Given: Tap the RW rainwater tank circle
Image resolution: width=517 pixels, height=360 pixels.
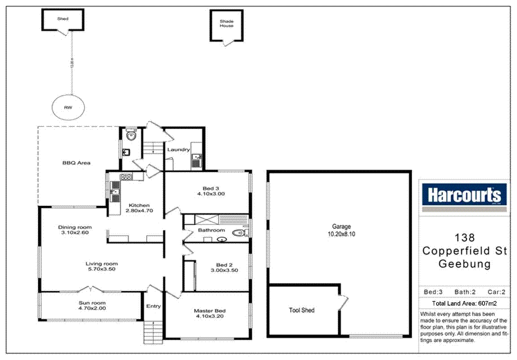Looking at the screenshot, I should (68, 108).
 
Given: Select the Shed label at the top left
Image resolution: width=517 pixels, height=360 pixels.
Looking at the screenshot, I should (63, 19).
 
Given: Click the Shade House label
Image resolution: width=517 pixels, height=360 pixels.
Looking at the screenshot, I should (227, 23).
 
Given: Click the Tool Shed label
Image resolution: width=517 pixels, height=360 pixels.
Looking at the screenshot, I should (302, 310).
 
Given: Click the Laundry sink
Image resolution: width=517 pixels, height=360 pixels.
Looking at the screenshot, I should (197, 158).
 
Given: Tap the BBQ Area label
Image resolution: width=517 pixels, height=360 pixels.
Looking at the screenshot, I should (76, 163).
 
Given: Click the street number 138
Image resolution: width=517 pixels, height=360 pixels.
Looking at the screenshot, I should (464, 238).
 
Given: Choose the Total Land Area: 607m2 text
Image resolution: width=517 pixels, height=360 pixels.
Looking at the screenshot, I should (463, 303).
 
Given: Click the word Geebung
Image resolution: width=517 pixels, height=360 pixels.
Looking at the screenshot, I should (464, 264).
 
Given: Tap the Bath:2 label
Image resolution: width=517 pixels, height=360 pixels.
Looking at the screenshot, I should (464, 292).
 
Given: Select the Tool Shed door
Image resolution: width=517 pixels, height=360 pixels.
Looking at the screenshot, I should (344, 301).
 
